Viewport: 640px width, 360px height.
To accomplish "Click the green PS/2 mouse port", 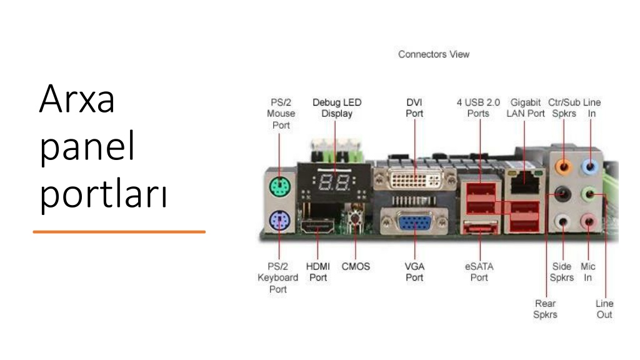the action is pos(279,187).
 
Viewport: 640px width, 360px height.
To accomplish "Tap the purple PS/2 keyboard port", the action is pos(279,221).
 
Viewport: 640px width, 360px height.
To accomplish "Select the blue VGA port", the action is pos(414,224).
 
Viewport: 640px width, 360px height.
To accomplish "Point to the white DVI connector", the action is pos(415,178).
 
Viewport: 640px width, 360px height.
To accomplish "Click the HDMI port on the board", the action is pos(317,226).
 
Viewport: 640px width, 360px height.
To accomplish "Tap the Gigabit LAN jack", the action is pos(524,182).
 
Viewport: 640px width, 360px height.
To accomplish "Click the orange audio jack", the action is pos(564,166).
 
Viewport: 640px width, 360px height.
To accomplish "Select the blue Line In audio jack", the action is pos(590,166).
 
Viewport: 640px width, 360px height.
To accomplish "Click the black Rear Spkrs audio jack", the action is pos(563,193).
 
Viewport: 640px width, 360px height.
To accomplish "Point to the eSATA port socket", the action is pos(481,227).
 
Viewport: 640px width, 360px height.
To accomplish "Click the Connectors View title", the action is pos(434,54).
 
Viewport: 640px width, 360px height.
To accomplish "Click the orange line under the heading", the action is pos(119,232).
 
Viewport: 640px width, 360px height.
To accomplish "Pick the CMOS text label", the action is pos(356,266).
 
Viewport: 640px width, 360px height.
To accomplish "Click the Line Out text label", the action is pos(604,309).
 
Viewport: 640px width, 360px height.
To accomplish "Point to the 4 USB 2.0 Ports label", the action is pos(478,107).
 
